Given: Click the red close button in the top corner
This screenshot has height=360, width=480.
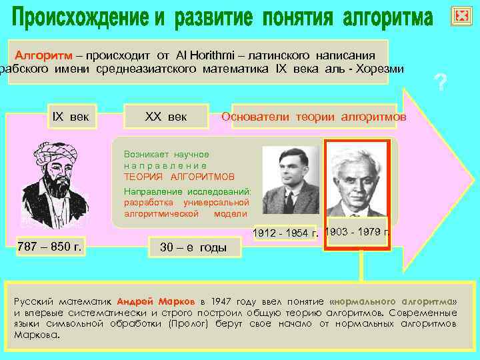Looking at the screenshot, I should [461, 17].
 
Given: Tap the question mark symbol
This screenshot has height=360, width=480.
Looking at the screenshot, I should [439, 83].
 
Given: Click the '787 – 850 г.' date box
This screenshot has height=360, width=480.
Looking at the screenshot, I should [50, 247].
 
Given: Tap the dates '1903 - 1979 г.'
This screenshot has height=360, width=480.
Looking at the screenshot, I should [357, 231].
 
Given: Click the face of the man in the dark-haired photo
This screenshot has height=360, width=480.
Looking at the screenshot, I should [291, 172].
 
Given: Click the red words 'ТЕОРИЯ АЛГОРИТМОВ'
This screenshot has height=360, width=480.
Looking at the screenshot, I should [179, 177].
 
